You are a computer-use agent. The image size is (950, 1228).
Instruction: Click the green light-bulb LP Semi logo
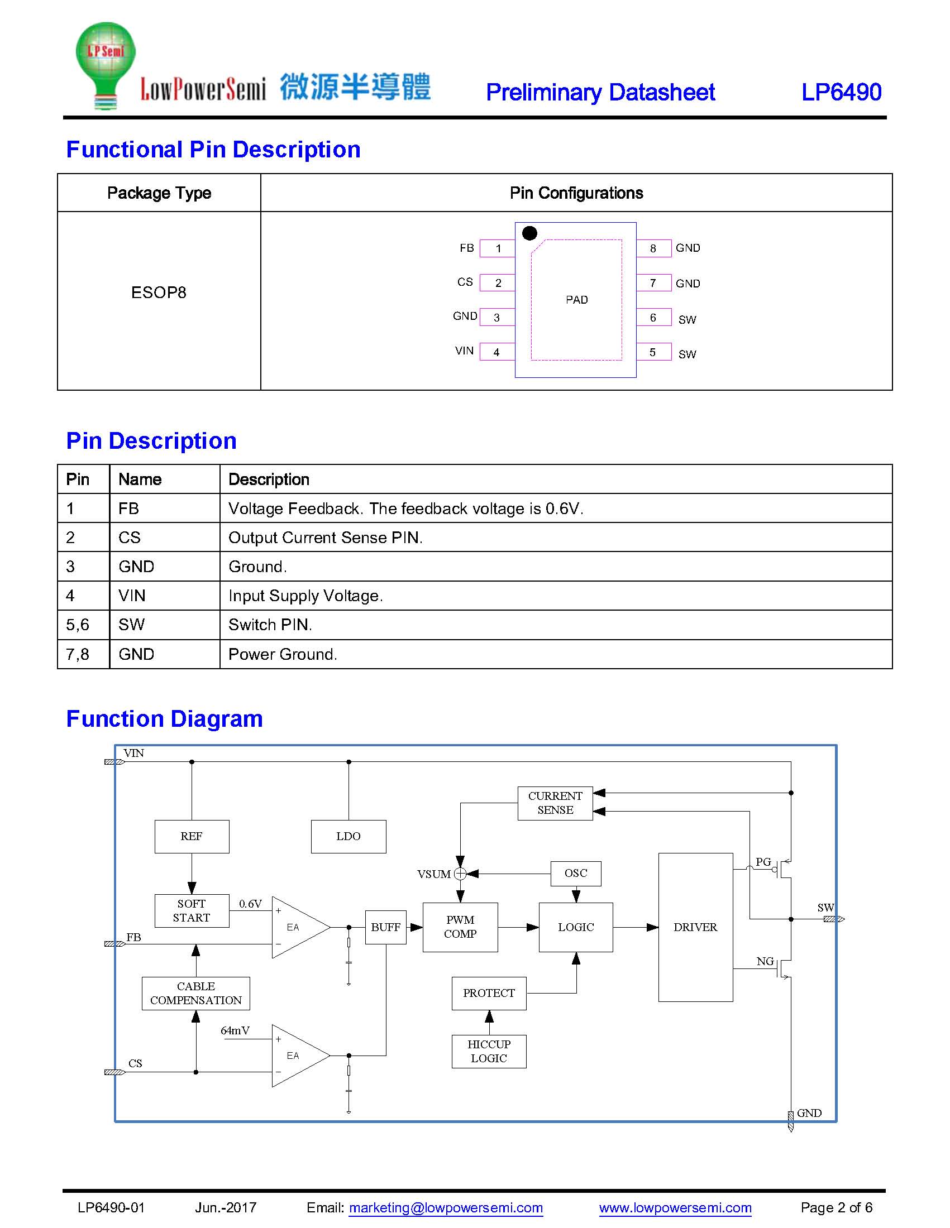coord(105,65)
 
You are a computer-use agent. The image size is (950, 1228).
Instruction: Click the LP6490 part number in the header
coord(841,92)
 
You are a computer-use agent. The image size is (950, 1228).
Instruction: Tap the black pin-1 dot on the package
coord(529,233)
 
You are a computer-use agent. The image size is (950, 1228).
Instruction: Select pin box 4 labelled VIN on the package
coord(497,352)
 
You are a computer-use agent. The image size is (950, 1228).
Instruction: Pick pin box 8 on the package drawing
coord(653,248)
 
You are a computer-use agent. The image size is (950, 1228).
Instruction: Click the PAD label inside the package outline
coord(576,300)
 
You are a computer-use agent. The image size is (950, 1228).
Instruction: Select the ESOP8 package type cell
coord(159,292)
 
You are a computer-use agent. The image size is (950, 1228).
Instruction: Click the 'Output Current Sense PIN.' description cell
coord(556,538)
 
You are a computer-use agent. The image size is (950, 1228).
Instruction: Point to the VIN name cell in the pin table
coord(165,596)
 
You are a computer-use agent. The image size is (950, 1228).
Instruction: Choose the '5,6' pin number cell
coord(83,625)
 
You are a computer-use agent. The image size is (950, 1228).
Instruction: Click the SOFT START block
coord(192,910)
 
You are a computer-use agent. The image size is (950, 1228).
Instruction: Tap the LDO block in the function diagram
coord(349,836)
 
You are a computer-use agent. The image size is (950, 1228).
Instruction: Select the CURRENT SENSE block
coord(555,803)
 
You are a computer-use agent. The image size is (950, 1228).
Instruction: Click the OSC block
coord(576,873)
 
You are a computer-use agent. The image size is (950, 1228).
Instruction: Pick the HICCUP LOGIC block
coord(489,1051)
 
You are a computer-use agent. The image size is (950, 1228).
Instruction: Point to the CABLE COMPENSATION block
coord(195,993)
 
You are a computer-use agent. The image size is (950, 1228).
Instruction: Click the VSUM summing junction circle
coord(460,874)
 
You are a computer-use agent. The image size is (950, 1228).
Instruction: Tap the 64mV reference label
coord(235,1030)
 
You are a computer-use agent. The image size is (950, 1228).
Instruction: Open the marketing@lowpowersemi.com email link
coord(446,1207)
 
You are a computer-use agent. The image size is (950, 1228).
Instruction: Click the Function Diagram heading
coord(164,718)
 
